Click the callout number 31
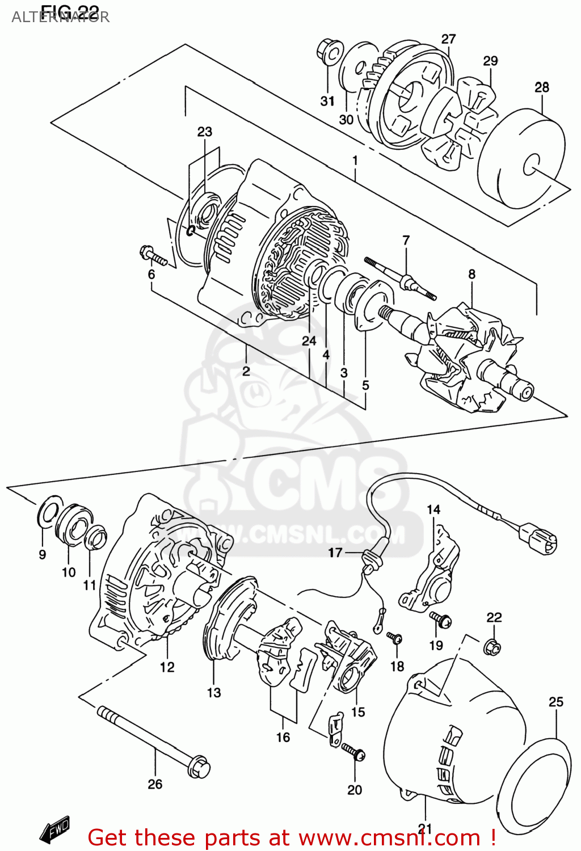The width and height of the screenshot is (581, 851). click(x=327, y=101)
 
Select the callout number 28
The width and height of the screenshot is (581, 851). click(x=542, y=87)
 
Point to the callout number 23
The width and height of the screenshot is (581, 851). click(x=204, y=132)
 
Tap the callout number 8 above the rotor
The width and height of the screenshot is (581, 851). click(x=471, y=274)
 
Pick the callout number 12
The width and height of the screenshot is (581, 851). click(x=167, y=667)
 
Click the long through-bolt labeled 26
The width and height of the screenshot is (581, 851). click(x=153, y=740)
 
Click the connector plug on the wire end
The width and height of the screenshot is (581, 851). click(x=538, y=538)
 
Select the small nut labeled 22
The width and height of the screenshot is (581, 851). click(x=492, y=646)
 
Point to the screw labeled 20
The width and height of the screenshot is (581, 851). click(x=354, y=752)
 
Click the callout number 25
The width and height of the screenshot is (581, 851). click(x=555, y=702)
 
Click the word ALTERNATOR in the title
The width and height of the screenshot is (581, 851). click(x=60, y=18)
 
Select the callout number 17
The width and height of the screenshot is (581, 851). click(x=335, y=552)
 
